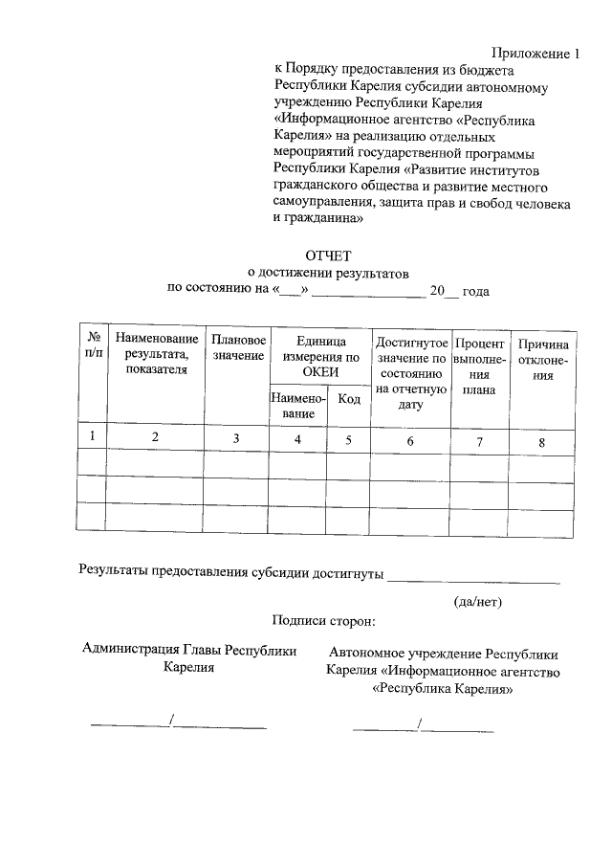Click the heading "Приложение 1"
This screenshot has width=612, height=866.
536,54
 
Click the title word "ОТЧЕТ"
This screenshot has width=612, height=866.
328,255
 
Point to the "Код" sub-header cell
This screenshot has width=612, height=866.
349,399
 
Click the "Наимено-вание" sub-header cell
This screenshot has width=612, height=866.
299,406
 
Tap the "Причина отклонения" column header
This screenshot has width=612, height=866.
542,360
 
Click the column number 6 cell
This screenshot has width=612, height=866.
410,440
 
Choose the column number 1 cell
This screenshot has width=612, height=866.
93,436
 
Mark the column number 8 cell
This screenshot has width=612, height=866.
541,442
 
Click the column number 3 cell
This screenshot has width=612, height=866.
236,438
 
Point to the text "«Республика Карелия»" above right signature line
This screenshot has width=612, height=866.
443,688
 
